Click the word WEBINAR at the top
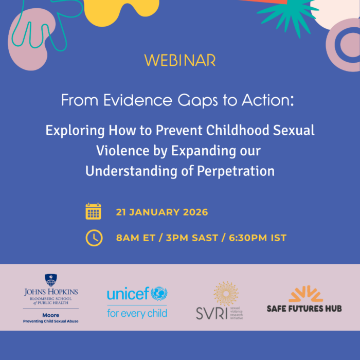(180, 60)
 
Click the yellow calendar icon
(93, 211)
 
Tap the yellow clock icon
(93, 238)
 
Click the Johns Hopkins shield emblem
(51, 280)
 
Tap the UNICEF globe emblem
(159, 294)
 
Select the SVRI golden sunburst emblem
(226, 293)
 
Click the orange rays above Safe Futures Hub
(305, 294)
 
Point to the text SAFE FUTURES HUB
(304, 308)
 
